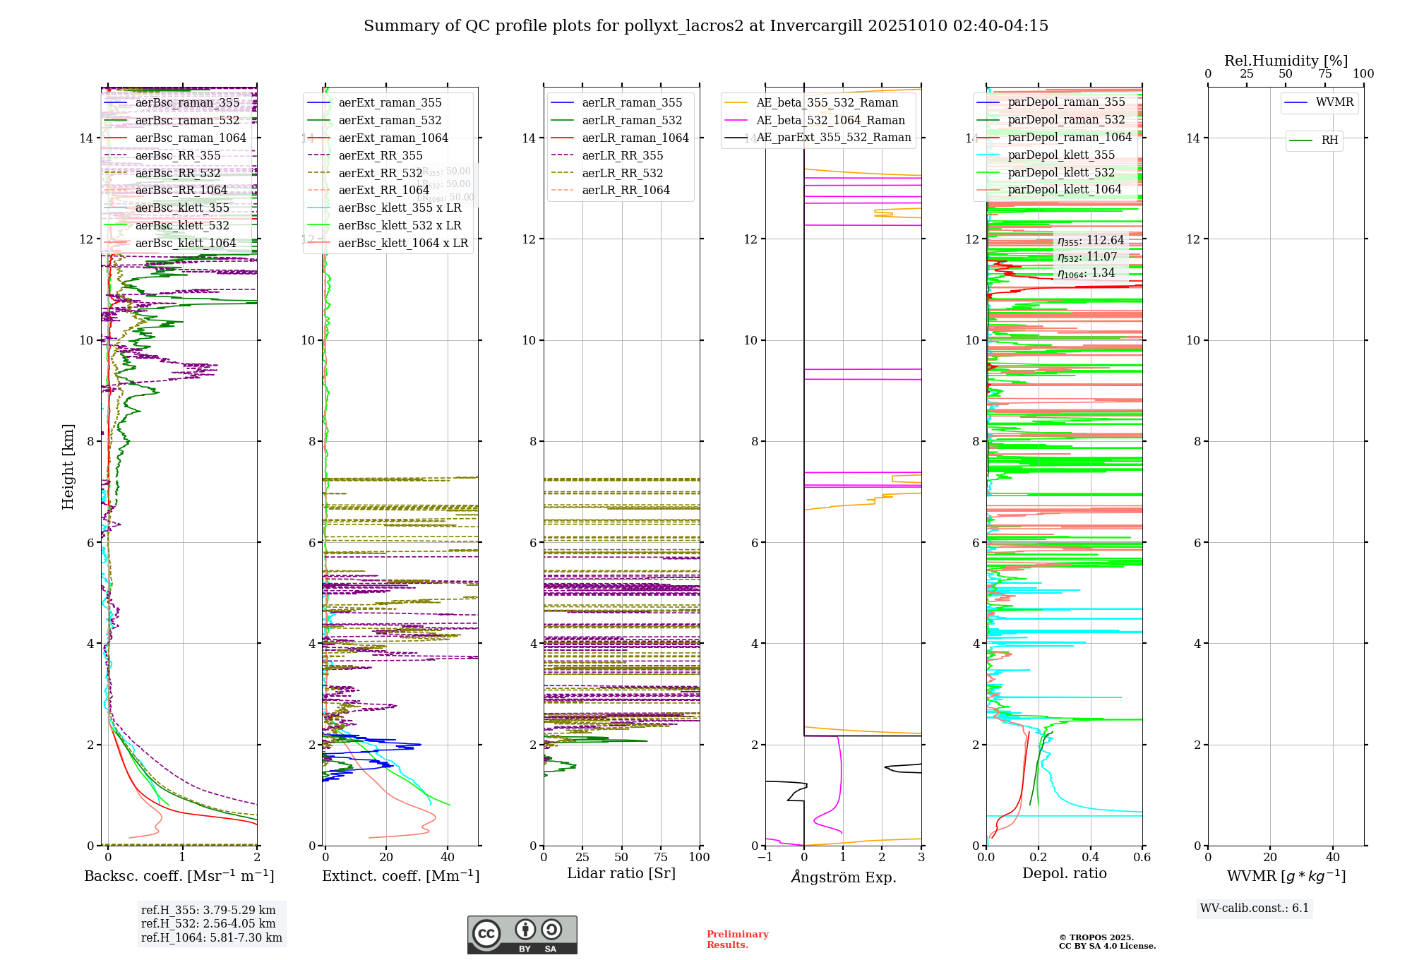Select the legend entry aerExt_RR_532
pos(381,173)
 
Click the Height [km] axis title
pos(68,466)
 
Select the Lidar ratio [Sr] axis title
pos(621,874)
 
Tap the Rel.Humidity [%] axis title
pos(1286,61)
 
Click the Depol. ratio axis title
pos(1064,874)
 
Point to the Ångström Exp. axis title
pos(844,877)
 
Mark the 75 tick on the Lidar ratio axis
pos(661,858)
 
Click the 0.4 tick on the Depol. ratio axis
pos(1090,858)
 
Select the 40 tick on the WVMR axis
pos(1332,858)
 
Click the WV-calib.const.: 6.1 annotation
pos(1255,908)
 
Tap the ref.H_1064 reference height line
pos(211,938)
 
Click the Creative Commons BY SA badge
pos(522,935)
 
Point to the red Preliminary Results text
pos(737,940)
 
